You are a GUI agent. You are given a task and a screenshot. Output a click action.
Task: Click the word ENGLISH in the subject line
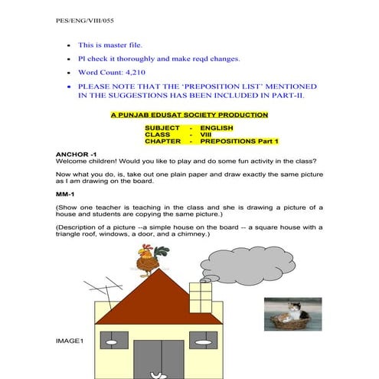click(x=217, y=127)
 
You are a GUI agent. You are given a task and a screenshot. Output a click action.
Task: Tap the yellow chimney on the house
click(x=201, y=298)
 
